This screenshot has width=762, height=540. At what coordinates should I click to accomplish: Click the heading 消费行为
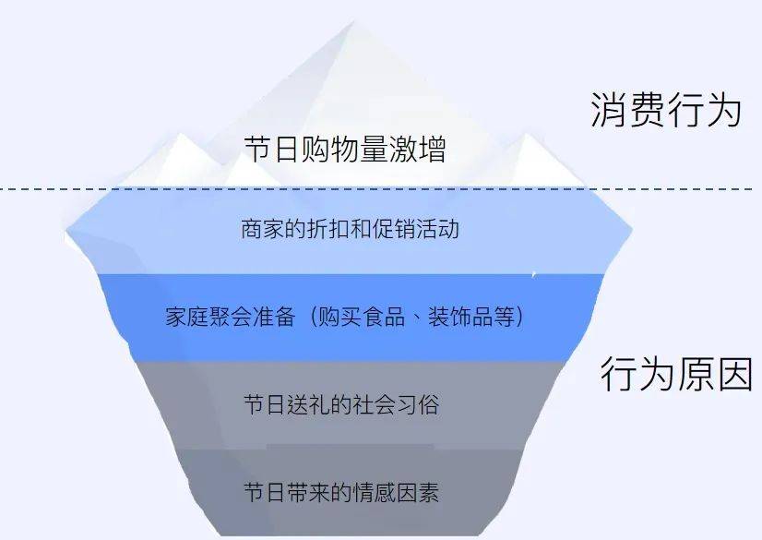coord(666,110)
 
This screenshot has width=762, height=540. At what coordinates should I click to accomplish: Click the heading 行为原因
coord(676,375)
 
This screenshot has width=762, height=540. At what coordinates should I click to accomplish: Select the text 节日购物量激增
coord(345,149)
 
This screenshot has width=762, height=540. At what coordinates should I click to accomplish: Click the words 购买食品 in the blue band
coord(360,317)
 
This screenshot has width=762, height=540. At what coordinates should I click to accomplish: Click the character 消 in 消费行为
coord(609,110)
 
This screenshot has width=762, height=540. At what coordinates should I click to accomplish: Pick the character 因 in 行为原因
coord(734,375)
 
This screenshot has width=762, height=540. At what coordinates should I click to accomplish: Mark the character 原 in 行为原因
coord(695,375)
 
